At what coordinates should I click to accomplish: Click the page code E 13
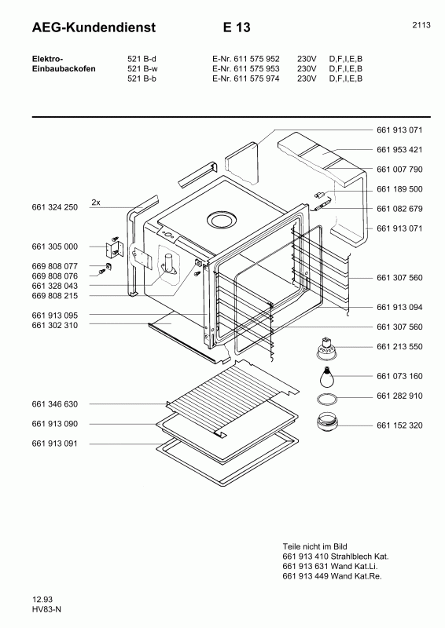(235, 28)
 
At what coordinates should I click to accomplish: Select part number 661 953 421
(399, 149)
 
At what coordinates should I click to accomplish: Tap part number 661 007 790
(399, 170)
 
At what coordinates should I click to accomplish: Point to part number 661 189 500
(399, 189)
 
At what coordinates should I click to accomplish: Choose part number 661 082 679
(399, 209)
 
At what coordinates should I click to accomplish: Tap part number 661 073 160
(399, 376)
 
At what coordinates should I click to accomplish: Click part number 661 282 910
(399, 396)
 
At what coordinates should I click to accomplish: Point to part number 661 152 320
(399, 425)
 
